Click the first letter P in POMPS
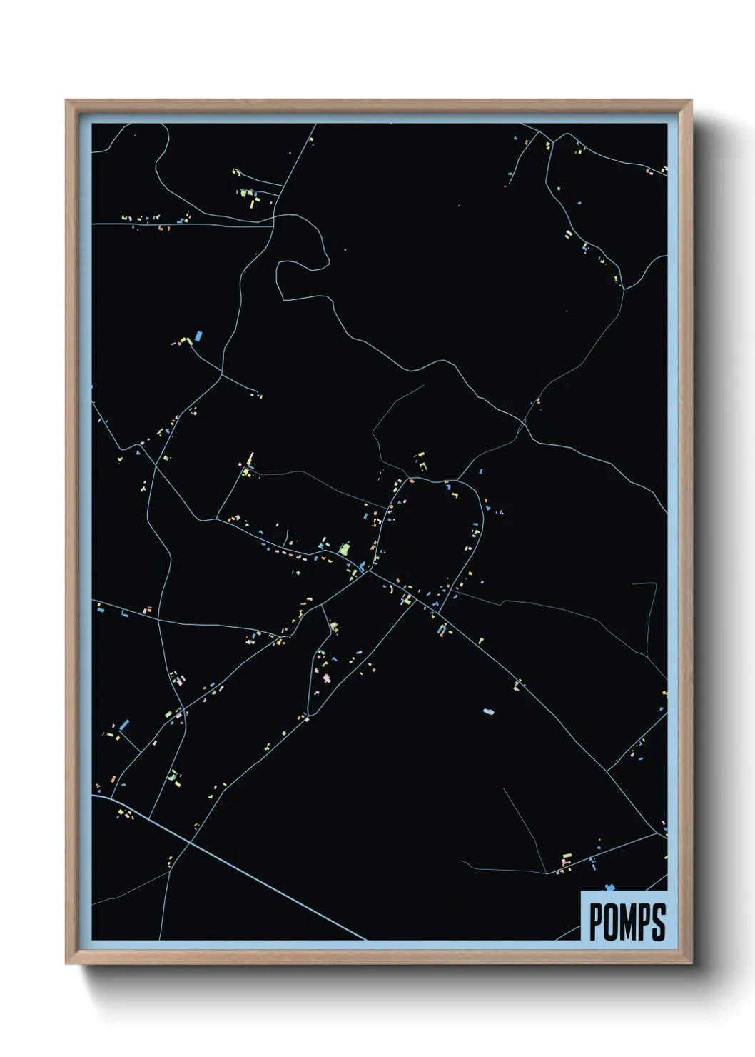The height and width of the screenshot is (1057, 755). coord(596,922)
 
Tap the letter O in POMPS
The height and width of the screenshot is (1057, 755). coord(611,922)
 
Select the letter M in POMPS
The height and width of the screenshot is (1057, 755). coord(628,922)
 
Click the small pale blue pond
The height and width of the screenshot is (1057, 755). coord(488,711)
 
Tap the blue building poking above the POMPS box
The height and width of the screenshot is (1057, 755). coord(609,888)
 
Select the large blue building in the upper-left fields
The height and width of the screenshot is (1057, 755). coord(199,335)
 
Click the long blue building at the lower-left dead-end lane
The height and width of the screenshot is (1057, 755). coord(124,725)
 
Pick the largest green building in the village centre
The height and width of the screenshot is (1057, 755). coord(345,549)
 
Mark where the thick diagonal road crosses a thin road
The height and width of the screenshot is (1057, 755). coord(190,842)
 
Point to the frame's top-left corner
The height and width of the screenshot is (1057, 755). coord(66,101)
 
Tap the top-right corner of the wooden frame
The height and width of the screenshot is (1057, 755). coord(691,101)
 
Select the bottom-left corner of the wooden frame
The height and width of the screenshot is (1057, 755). coord(66,963)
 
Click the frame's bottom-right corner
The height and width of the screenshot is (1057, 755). coord(691,963)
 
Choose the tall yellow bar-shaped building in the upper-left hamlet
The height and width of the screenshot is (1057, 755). coord(252,202)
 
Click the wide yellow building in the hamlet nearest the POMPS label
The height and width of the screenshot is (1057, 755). coord(568,855)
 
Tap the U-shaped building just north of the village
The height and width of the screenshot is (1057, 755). coord(422,465)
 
